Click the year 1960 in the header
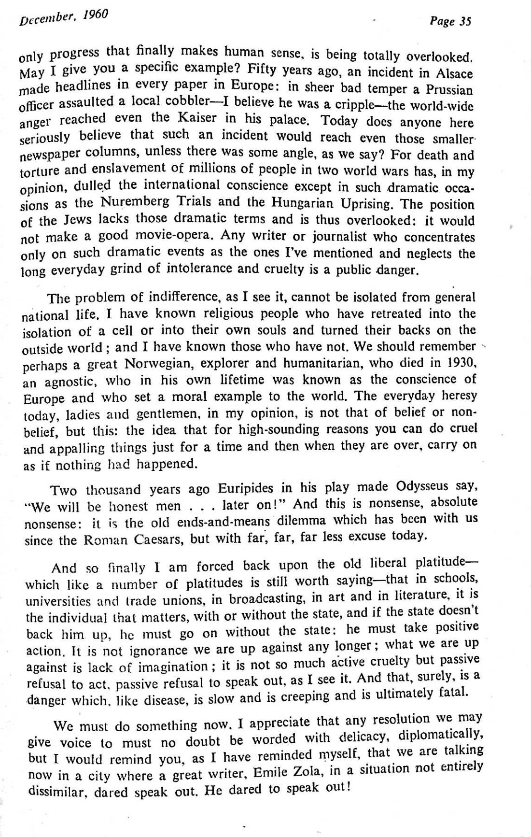pyautogui.click(x=95, y=16)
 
